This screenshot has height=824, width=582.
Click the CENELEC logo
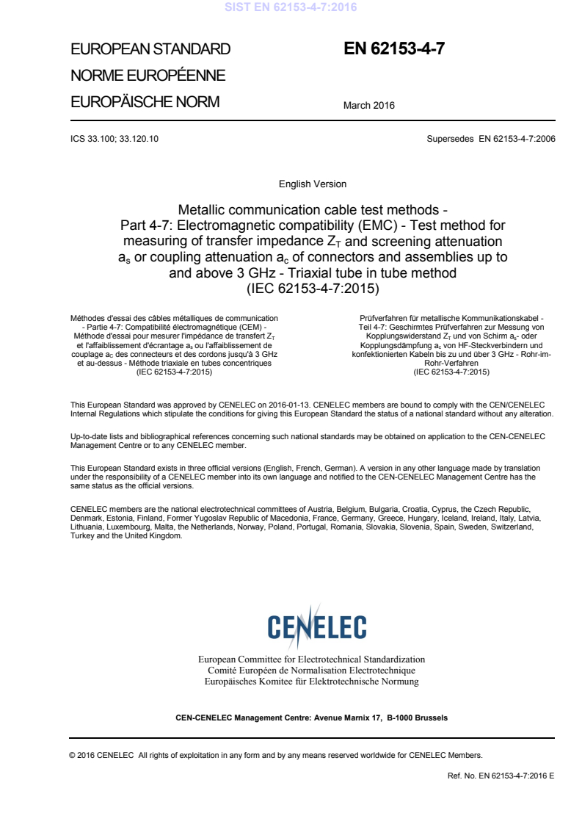coord(317,627)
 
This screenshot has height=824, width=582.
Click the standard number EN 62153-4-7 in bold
coord(394,49)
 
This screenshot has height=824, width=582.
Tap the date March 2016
coord(368,105)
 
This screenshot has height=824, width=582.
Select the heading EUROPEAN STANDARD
coord(150,50)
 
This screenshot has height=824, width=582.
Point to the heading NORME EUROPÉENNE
coord(147,76)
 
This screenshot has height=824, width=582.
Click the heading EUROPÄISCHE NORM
coord(145,102)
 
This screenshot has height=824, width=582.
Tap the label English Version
coord(313,184)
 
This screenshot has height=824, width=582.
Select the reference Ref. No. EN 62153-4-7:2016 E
coord(501,775)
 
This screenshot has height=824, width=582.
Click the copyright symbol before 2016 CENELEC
coord(73,754)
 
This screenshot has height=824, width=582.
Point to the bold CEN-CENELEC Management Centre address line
coord(312,717)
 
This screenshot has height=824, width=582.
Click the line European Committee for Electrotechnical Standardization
coord(312,659)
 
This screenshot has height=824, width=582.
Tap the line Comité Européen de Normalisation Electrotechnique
coord(312,671)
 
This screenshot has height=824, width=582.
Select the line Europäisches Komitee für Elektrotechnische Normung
coord(312,682)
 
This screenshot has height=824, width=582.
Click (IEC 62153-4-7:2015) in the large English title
coord(313,288)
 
